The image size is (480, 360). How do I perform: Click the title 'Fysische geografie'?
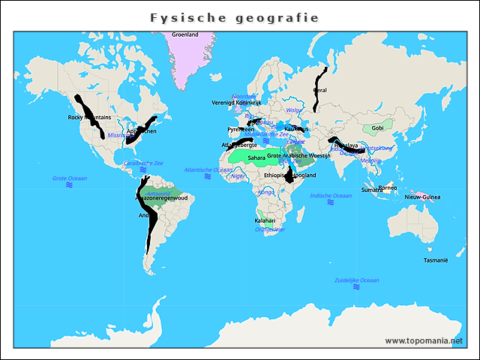point(234,17)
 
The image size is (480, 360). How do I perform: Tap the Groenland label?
point(185,34)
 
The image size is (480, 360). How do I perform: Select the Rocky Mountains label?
point(89,118)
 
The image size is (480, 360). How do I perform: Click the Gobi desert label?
point(378,128)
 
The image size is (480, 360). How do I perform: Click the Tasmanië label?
point(436,260)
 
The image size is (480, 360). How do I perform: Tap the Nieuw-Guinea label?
point(423,196)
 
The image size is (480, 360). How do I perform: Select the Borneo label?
point(387,187)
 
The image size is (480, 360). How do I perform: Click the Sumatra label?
point(372,190)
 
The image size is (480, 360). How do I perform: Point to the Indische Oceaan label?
point(331,196)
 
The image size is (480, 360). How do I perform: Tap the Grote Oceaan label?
point(69,178)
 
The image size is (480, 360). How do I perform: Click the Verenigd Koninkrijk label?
point(236,102)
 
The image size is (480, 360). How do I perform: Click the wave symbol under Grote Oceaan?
point(69,185)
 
